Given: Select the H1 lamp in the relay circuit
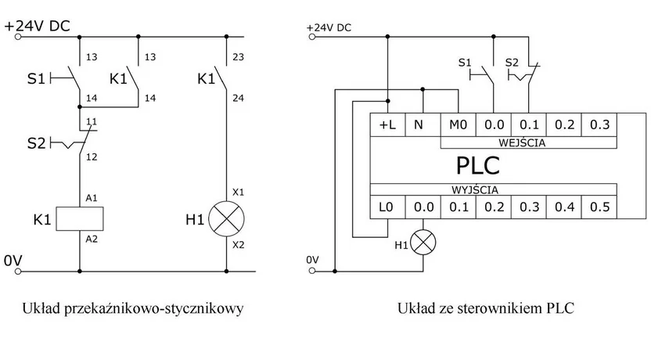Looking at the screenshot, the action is (x=226, y=219).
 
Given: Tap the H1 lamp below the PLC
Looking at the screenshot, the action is (x=423, y=243).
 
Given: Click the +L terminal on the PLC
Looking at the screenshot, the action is (x=387, y=124).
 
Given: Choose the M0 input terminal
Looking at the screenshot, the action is (x=458, y=124).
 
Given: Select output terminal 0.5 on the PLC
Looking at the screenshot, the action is (x=599, y=207).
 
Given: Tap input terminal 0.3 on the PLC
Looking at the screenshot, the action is (x=599, y=124).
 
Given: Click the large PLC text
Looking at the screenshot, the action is (x=477, y=166).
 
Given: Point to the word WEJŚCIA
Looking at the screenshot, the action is (x=522, y=143).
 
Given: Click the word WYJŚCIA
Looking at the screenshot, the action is (x=475, y=189).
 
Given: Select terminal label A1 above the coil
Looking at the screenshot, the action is (x=92, y=198).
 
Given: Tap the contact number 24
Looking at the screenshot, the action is (x=238, y=99).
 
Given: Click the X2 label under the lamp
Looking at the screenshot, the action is (x=238, y=245).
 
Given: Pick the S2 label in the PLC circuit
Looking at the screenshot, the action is (x=512, y=63).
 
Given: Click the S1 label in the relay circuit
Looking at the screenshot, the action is (x=36, y=78).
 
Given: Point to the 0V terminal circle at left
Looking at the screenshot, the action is (x=18, y=272).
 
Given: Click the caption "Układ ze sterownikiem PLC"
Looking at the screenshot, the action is (x=486, y=308).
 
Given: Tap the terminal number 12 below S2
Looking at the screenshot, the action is (x=92, y=157).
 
